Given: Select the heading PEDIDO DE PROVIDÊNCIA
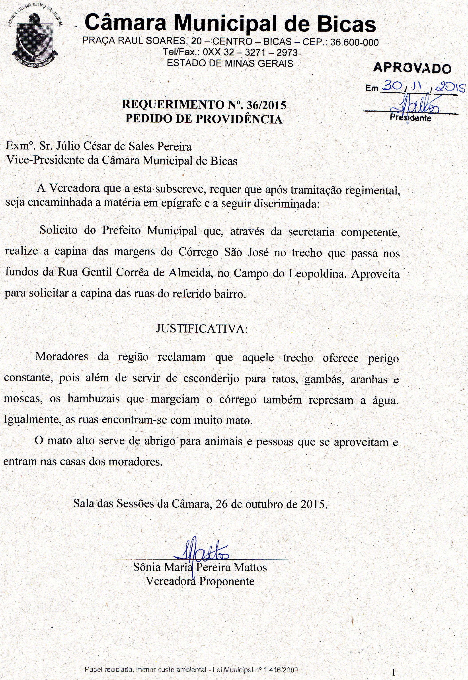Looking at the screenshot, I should pos(204,119).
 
